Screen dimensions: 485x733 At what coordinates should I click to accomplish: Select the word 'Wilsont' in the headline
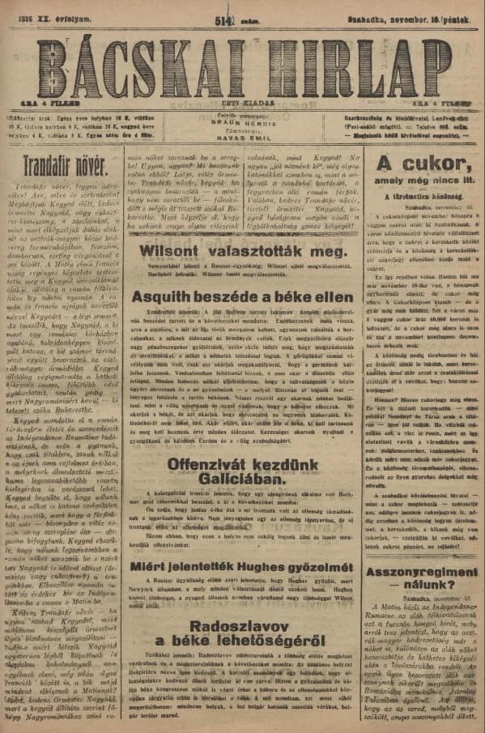tap(175, 251)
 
